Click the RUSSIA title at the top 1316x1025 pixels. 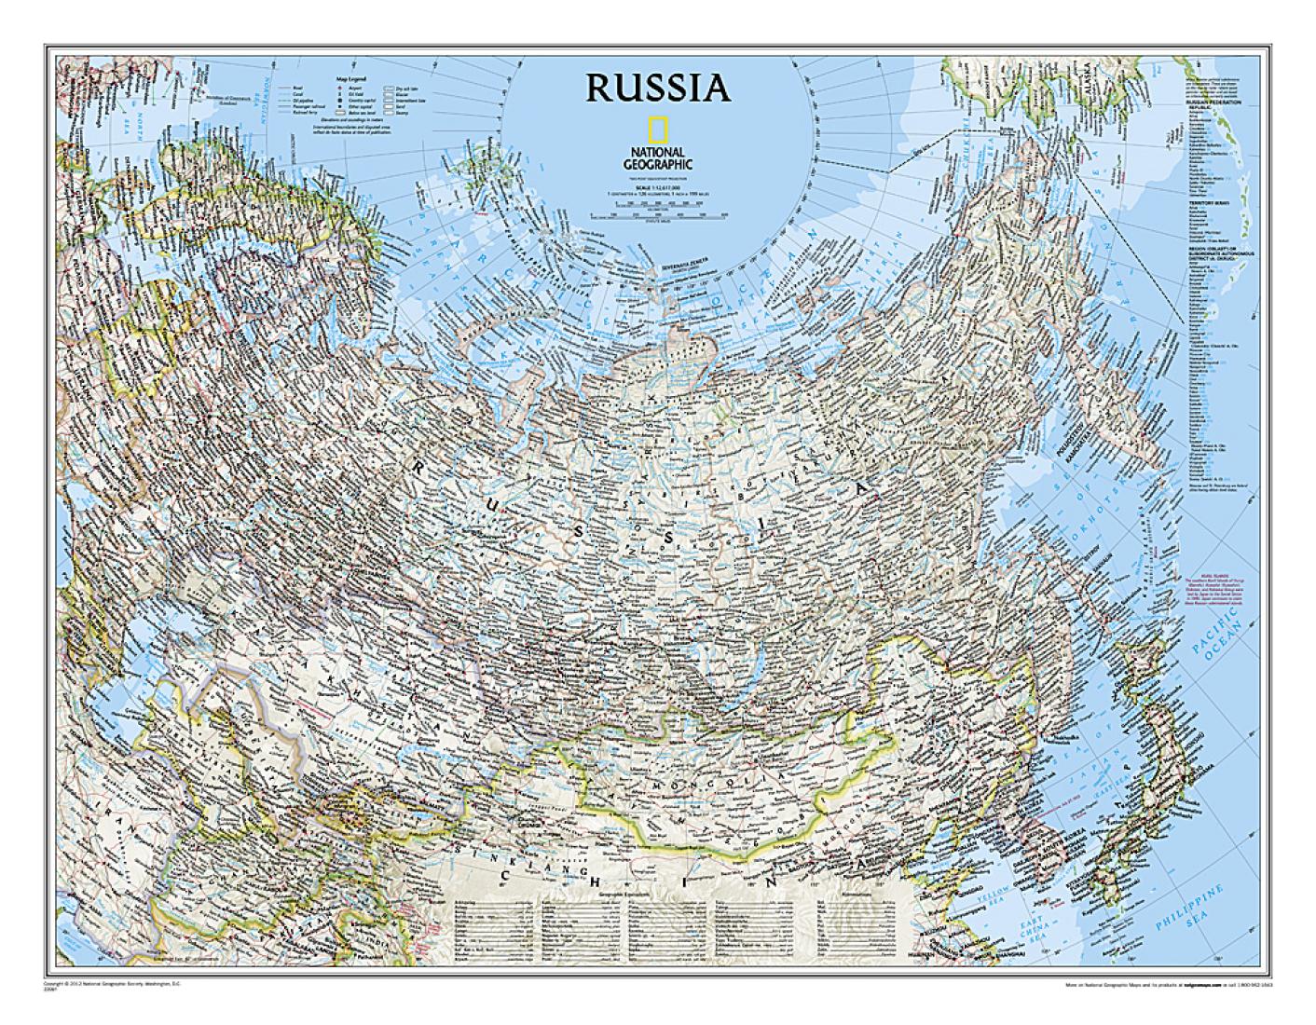tap(658, 87)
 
